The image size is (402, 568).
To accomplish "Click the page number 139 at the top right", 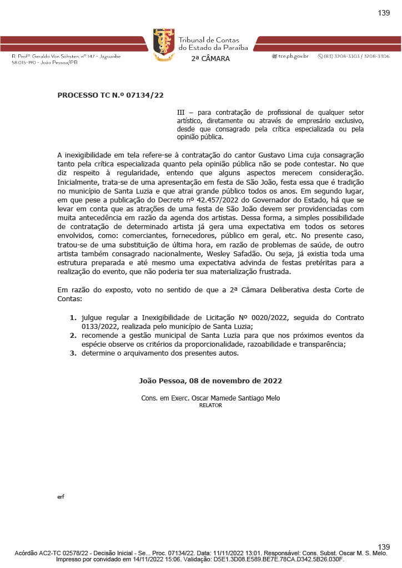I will (x=384, y=13).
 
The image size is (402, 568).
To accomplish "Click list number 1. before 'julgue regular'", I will (x=73, y=318).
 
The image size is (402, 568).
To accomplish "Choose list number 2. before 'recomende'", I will (x=73, y=336).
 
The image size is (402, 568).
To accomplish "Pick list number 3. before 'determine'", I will (x=73, y=353).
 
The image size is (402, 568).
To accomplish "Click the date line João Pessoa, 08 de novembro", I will (x=210, y=381).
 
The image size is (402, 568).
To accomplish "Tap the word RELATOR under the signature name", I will (x=210, y=405).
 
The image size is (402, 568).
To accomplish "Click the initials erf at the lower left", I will (x=61, y=496).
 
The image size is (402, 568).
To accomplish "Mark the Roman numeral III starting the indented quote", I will (x=181, y=113).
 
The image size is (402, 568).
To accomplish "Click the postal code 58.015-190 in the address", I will (x=22, y=63).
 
